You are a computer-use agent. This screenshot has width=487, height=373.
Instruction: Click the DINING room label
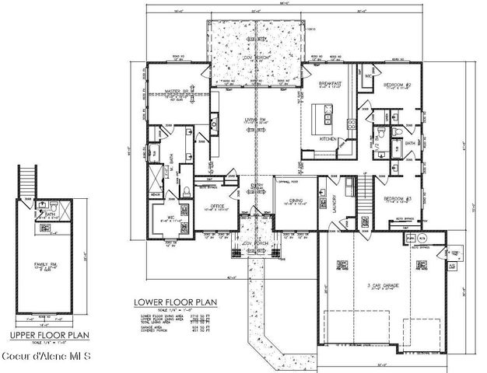click(x=296, y=200)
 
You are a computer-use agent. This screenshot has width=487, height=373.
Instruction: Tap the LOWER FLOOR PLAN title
click(x=176, y=302)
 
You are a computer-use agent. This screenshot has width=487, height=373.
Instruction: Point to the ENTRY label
click(x=256, y=185)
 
